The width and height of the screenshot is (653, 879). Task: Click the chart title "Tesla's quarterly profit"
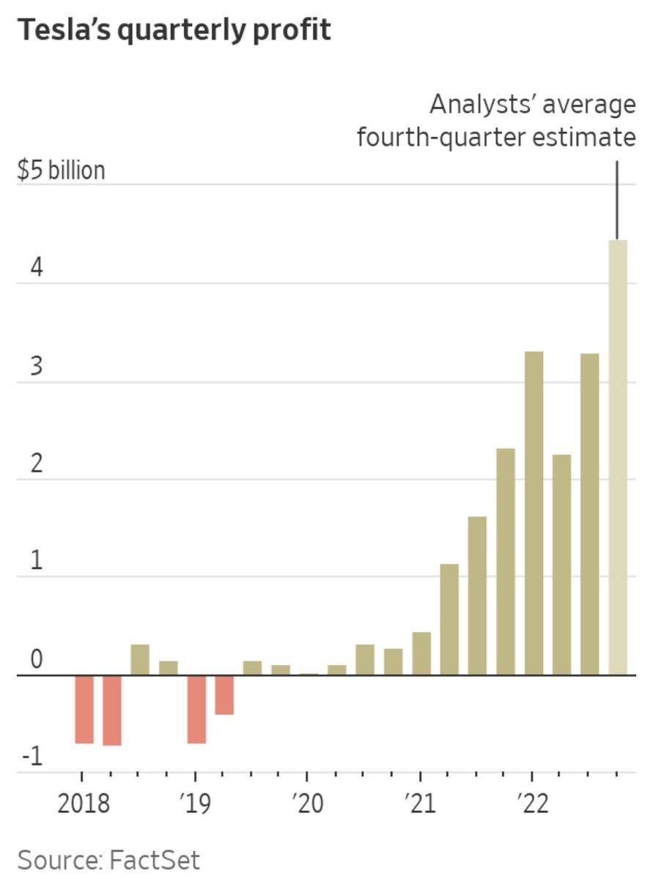click(174, 31)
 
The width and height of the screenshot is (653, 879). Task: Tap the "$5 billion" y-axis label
click(61, 171)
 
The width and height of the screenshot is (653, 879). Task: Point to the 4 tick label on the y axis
click(37, 267)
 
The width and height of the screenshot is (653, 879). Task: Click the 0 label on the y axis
click(37, 659)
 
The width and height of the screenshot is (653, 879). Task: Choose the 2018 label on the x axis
click(84, 804)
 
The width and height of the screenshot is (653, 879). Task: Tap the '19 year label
click(195, 804)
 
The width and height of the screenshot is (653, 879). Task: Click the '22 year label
click(533, 804)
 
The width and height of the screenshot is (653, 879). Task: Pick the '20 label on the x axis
click(307, 804)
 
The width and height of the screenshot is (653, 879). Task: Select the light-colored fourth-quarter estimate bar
click(618, 457)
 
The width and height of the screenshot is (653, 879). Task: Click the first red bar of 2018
click(84, 709)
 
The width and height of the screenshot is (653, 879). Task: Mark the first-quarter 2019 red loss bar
click(196, 709)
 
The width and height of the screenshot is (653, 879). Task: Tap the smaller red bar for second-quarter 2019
click(224, 694)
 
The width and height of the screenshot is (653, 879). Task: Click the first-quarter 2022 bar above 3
click(534, 513)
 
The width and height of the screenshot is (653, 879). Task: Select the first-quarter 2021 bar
click(421, 653)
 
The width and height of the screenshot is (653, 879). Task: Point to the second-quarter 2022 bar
click(562, 564)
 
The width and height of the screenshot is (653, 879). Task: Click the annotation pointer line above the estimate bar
click(617, 200)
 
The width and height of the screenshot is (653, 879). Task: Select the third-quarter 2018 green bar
click(141, 659)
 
